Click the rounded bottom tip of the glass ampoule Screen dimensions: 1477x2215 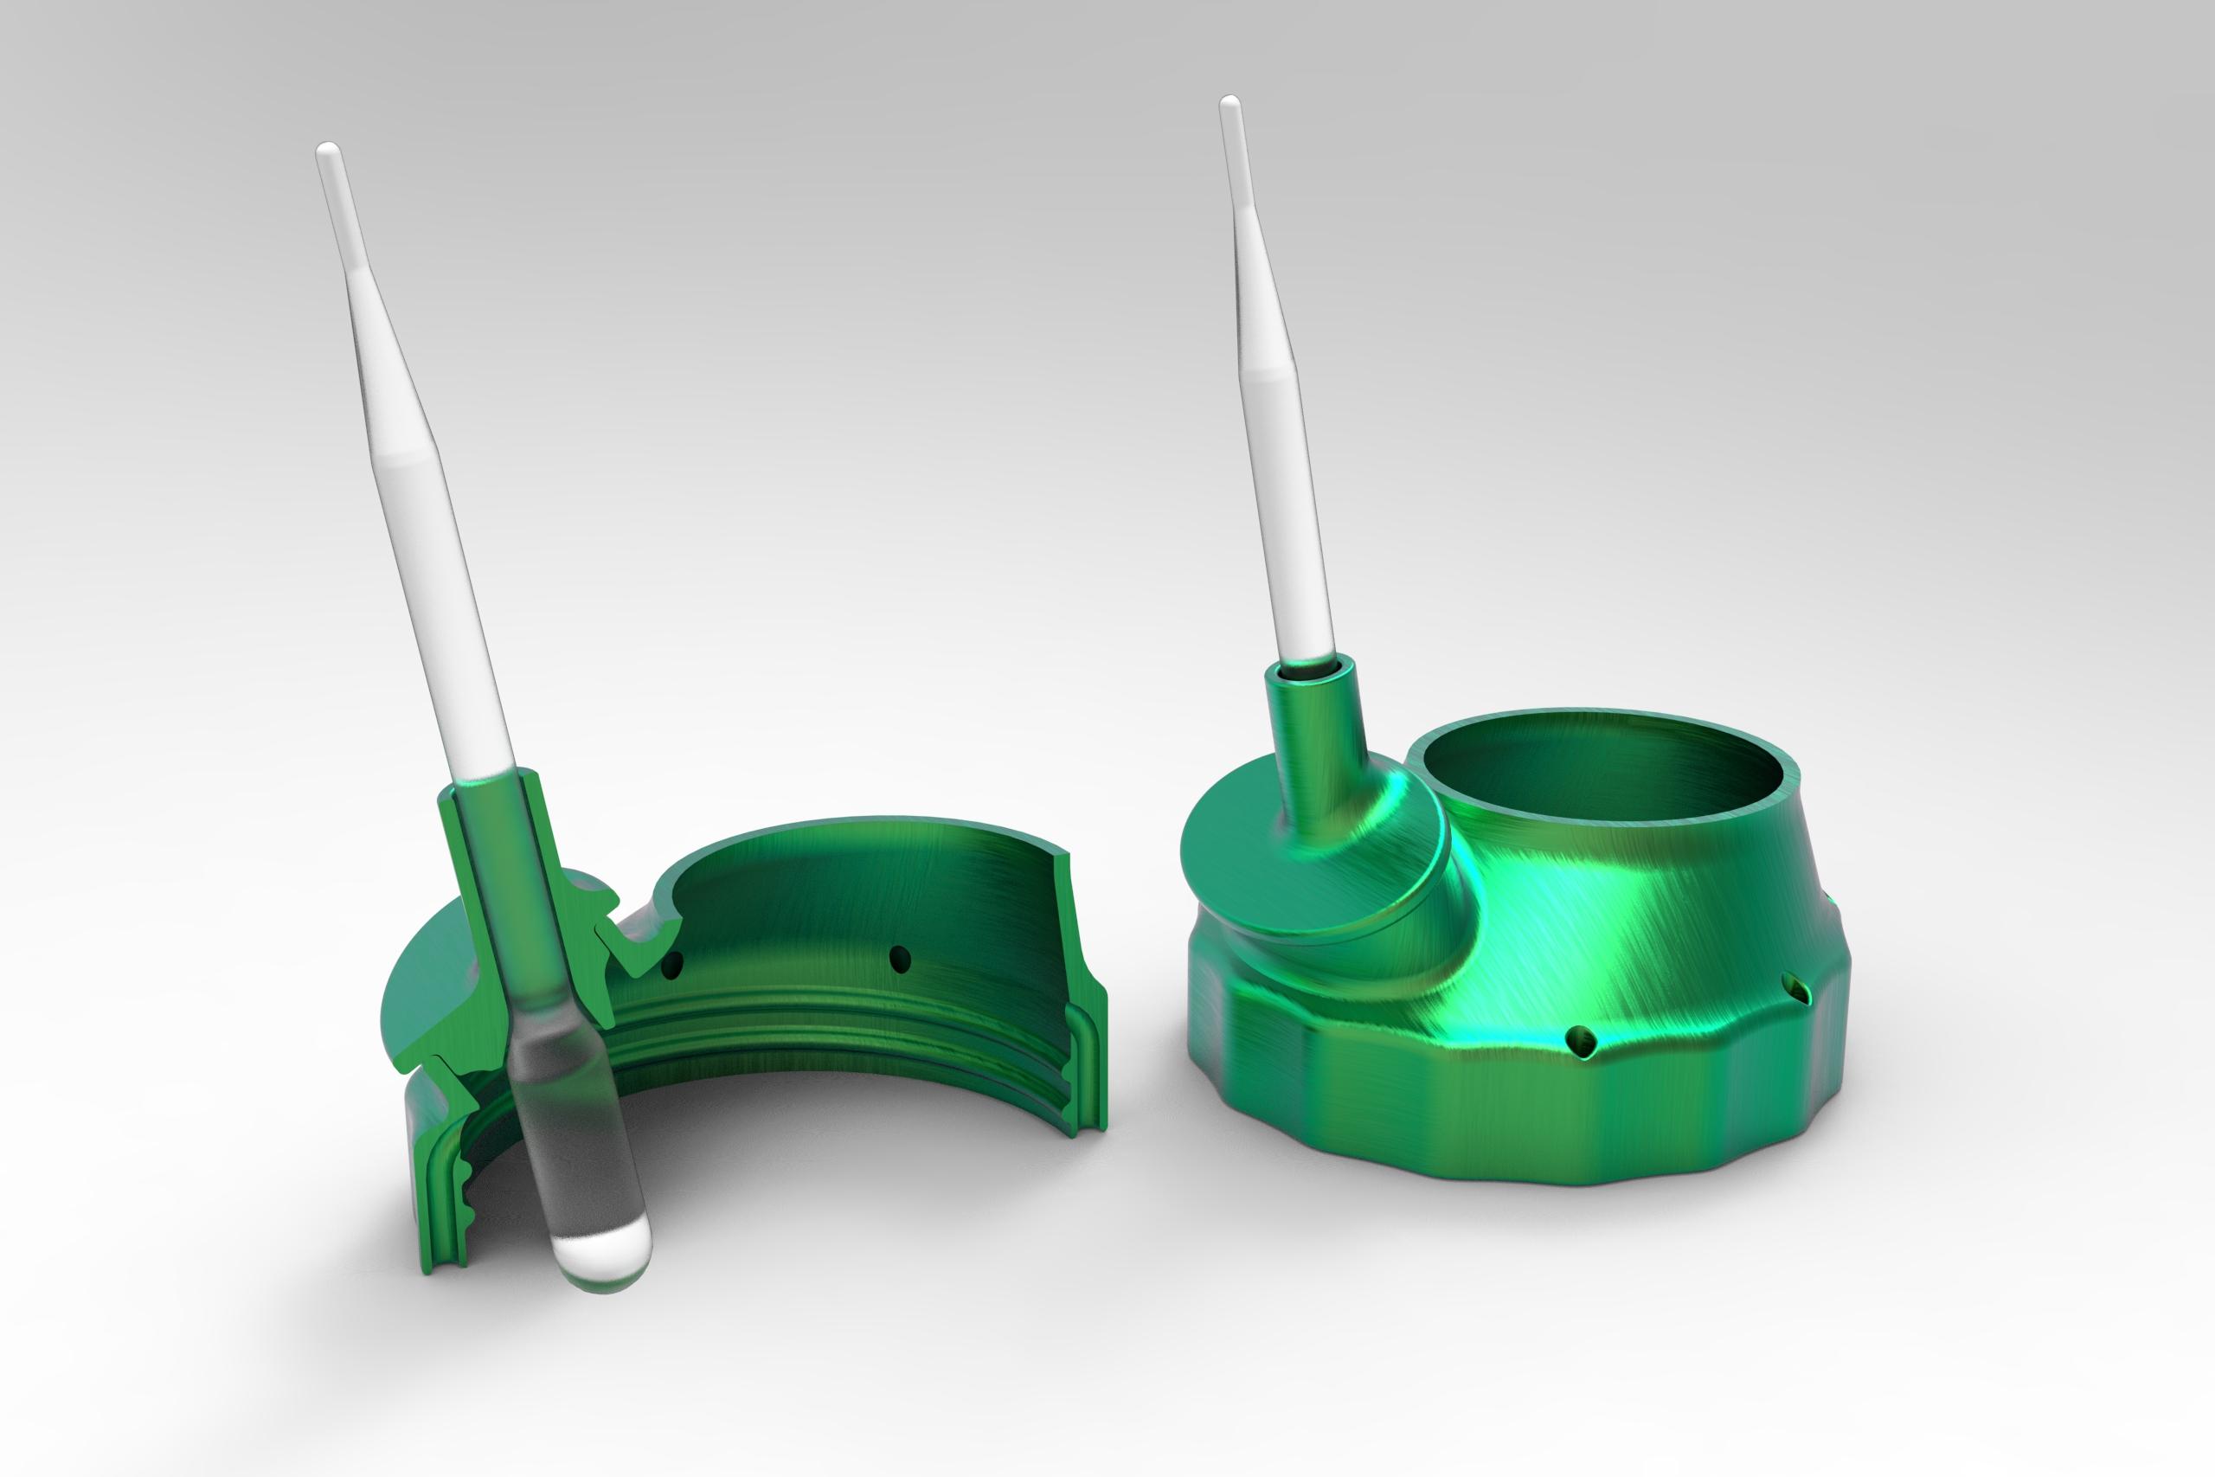point(596,1262)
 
